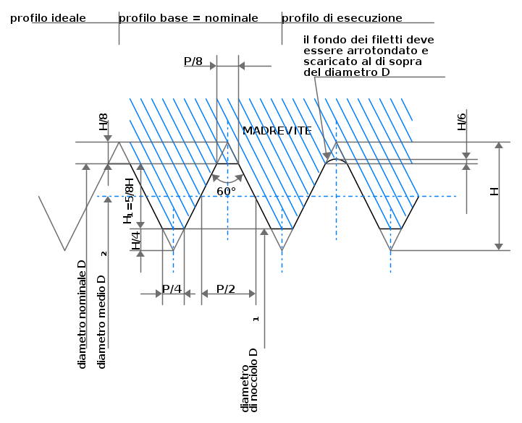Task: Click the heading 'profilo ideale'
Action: [x=48, y=18]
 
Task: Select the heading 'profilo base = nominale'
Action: [x=188, y=18]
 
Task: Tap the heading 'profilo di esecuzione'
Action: [x=342, y=18]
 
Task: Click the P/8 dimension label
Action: [x=193, y=61]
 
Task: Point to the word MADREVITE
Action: [x=277, y=131]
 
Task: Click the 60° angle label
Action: [x=226, y=192]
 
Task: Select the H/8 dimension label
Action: [x=104, y=121]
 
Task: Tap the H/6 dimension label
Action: [x=462, y=121]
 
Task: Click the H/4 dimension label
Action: [x=136, y=240]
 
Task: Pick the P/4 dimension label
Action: [x=172, y=289]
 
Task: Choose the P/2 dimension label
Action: [x=226, y=289]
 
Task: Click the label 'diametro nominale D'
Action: [x=82, y=315]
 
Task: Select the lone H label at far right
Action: [x=494, y=192]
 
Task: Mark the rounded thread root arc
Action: [x=336, y=160]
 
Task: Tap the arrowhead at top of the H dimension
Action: [x=499, y=145]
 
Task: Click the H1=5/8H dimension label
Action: [x=128, y=201]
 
